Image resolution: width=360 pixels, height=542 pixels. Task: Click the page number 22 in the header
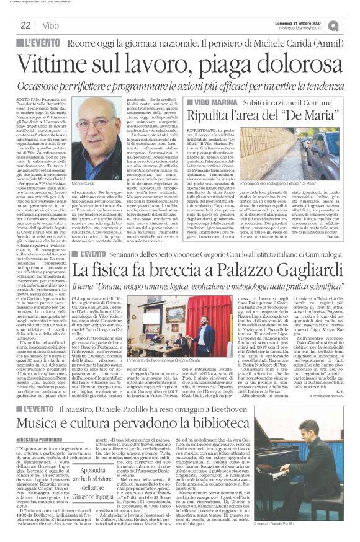point(25,25)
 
